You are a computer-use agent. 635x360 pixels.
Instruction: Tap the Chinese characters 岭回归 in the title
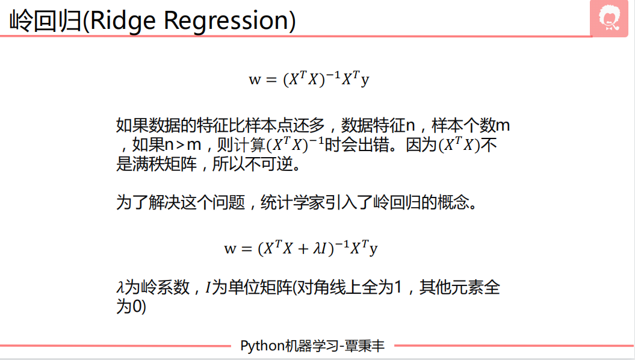click(45, 20)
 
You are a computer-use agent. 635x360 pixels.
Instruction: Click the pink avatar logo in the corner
click(609, 19)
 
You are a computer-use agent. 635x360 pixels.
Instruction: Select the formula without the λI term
click(309, 78)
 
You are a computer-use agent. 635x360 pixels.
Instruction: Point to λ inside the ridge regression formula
click(317, 248)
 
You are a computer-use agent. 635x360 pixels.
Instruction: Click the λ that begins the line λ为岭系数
click(120, 288)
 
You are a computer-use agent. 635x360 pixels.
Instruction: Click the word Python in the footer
click(262, 346)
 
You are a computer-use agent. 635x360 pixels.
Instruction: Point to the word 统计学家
click(293, 202)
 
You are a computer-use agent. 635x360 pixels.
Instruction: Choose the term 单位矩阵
click(260, 288)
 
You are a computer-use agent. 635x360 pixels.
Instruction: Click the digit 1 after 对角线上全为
click(398, 288)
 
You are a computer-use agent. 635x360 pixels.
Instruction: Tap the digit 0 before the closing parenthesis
click(137, 306)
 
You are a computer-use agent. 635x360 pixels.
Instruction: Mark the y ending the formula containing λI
click(373, 249)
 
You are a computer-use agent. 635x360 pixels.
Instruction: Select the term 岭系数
click(165, 288)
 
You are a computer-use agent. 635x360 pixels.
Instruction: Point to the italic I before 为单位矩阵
click(208, 288)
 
